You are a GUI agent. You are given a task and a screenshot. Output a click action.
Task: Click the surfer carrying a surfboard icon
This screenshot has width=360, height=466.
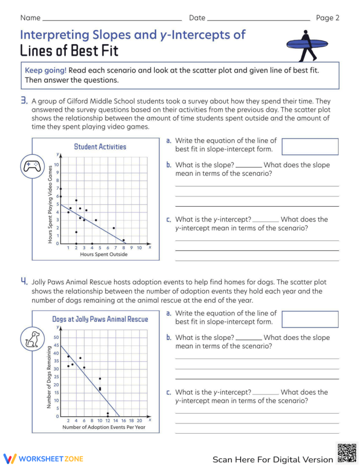[307, 45]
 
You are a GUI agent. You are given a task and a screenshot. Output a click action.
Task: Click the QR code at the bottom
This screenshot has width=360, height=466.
[347, 453]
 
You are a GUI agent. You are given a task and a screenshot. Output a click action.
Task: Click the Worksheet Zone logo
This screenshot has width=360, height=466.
[43, 458]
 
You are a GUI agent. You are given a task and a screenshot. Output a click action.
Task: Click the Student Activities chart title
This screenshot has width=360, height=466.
[100, 147]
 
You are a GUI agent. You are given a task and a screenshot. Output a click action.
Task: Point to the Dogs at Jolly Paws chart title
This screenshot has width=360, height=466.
[100, 319]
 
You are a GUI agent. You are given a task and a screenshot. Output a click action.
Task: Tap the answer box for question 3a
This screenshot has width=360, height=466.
[310, 147]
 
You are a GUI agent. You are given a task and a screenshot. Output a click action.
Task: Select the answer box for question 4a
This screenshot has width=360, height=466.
[310, 319]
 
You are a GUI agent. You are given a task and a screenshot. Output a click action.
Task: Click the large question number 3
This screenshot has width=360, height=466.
[24, 101]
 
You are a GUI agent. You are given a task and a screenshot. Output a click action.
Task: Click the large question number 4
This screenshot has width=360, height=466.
[24, 281]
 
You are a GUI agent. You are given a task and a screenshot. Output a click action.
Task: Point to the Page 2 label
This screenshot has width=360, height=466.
[328, 18]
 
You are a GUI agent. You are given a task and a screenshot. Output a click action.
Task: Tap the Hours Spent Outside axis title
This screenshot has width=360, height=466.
[104, 254]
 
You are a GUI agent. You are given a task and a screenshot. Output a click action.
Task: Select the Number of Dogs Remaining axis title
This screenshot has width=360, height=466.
[49, 377]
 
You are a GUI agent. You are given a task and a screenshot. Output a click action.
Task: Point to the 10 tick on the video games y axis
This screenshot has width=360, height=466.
[57, 165]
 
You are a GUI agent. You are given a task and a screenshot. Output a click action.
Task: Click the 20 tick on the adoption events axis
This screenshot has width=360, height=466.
[139, 420]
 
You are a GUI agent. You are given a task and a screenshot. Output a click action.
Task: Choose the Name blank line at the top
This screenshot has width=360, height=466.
[112, 20]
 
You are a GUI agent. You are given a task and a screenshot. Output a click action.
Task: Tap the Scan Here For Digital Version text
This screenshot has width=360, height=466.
[273, 459]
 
